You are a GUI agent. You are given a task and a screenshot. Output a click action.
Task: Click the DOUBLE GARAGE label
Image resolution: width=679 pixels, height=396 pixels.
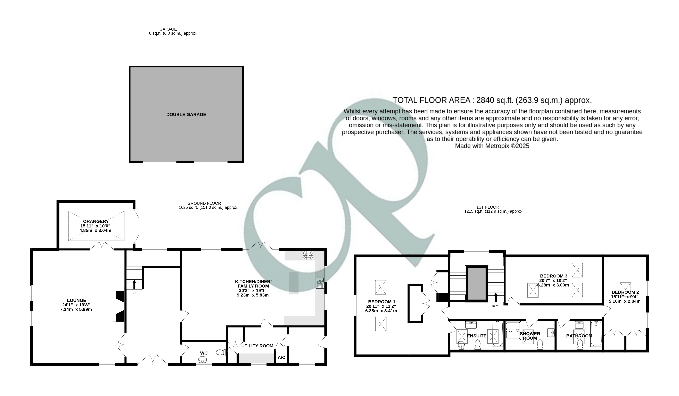(x=186, y=114)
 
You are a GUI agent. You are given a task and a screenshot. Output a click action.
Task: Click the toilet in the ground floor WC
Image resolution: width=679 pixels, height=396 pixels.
(x=221, y=352)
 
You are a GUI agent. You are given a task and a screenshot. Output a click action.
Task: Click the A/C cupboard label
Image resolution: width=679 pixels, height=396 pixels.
(x=282, y=357)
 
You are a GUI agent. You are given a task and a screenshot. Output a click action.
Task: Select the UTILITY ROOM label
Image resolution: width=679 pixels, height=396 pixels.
(x=257, y=346)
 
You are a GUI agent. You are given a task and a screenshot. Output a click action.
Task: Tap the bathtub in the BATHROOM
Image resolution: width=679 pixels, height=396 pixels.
(x=596, y=334)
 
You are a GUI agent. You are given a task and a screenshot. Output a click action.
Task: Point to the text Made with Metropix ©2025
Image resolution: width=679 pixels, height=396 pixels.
(x=492, y=146)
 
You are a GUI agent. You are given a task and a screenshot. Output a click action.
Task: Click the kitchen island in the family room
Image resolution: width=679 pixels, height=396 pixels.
(x=294, y=283)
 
